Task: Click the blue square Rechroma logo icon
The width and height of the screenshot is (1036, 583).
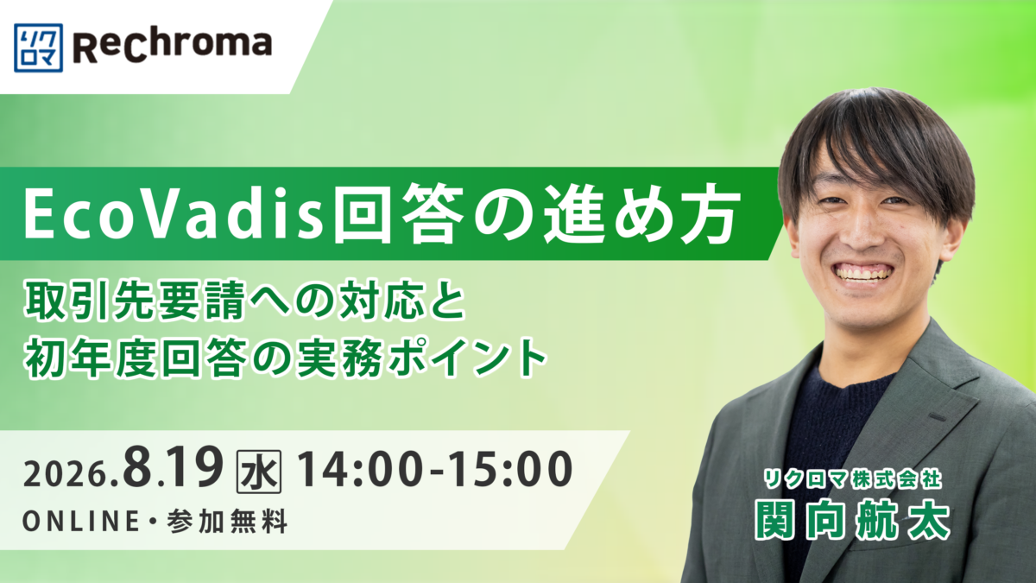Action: pyautogui.click(x=38, y=48)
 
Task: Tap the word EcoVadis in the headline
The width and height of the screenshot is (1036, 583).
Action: pyautogui.click(x=174, y=214)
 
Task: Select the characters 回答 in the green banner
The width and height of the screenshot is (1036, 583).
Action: pyautogui.click(x=399, y=214)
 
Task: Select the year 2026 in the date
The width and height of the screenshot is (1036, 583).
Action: pyautogui.click(x=66, y=475)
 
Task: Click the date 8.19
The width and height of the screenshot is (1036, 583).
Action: pyautogui.click(x=173, y=468)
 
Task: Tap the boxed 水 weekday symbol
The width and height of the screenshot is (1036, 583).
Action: pyautogui.click(x=258, y=472)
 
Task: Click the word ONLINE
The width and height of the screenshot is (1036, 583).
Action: pyautogui.click(x=81, y=522)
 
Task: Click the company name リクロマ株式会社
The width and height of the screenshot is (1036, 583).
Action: pyautogui.click(x=852, y=480)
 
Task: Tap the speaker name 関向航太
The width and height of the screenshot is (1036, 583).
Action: pyautogui.click(x=852, y=521)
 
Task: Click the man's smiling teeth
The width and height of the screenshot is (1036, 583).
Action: pyautogui.click(x=863, y=272)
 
